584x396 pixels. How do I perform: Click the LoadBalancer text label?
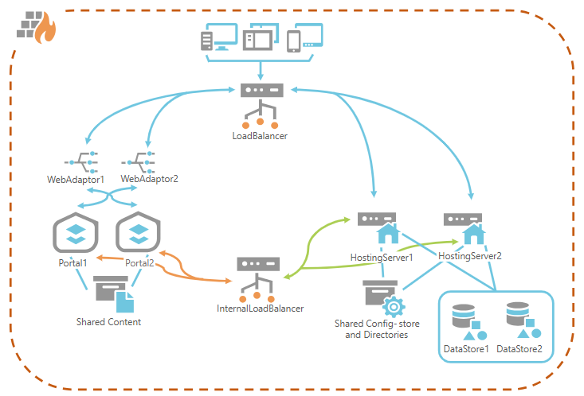tap(260, 136)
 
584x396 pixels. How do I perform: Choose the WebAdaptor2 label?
tap(150, 179)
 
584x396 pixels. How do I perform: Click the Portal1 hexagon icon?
tap(76, 234)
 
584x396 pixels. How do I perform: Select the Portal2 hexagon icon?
tap(139, 234)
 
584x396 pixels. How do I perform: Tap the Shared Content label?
tap(108, 322)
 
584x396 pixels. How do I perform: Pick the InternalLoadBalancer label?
tap(261, 308)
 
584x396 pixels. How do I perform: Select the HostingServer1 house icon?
tap(387, 235)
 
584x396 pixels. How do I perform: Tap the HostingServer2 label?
tap(469, 256)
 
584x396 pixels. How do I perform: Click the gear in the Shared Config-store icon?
tap(392, 307)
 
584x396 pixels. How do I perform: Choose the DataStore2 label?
tap(519, 348)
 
